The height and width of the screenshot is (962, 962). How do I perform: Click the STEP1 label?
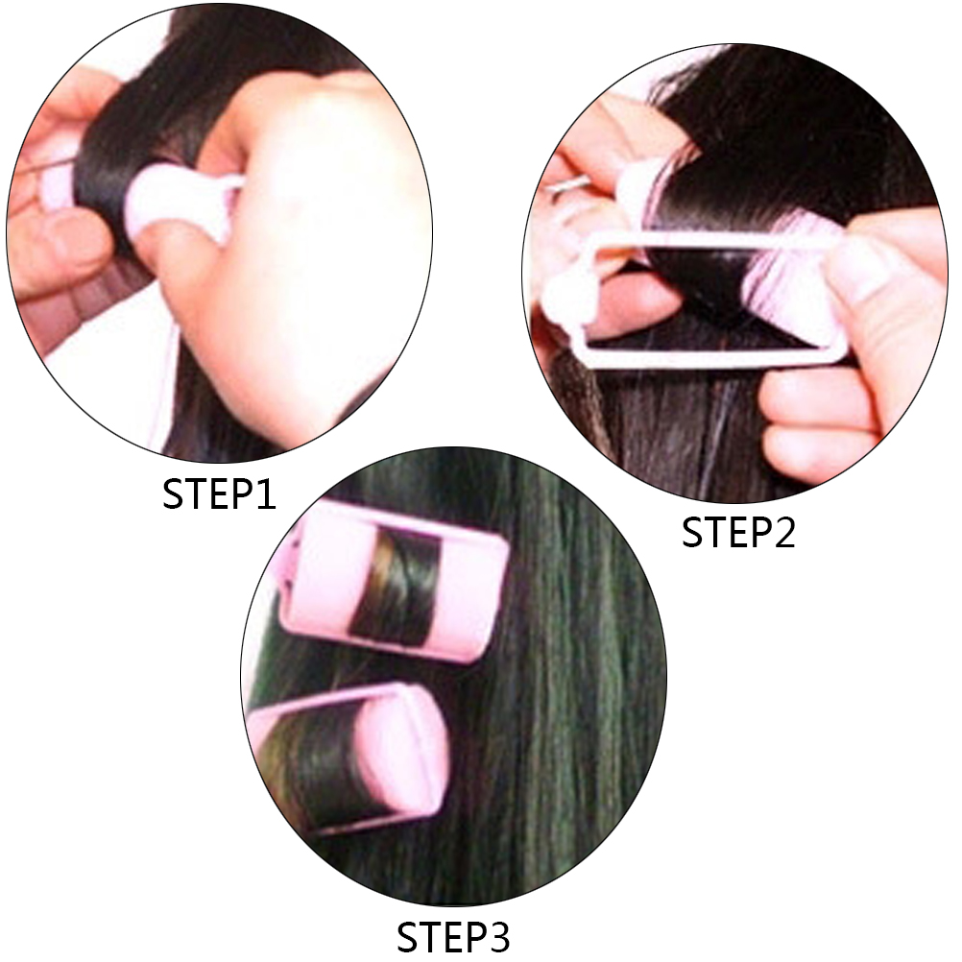pyautogui.click(x=219, y=494)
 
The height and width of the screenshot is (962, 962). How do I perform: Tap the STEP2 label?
pyautogui.click(x=738, y=532)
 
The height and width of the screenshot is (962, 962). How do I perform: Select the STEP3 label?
pyautogui.click(x=453, y=937)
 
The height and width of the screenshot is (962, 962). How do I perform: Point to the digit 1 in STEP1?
pyautogui.click(x=266, y=494)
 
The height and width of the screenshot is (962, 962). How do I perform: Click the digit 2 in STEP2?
pyautogui.click(x=782, y=532)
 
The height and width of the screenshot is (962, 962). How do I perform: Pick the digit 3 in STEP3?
pyautogui.click(x=498, y=937)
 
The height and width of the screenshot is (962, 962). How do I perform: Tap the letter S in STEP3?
pyautogui.click(x=408, y=937)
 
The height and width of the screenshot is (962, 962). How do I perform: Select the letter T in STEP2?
pyautogui.click(x=716, y=532)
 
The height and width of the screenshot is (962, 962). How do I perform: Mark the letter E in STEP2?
pyautogui.click(x=739, y=532)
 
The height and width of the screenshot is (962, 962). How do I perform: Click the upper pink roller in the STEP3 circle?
pyautogui.click(x=393, y=581)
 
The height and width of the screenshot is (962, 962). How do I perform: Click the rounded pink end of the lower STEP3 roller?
pyautogui.click(x=402, y=756)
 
